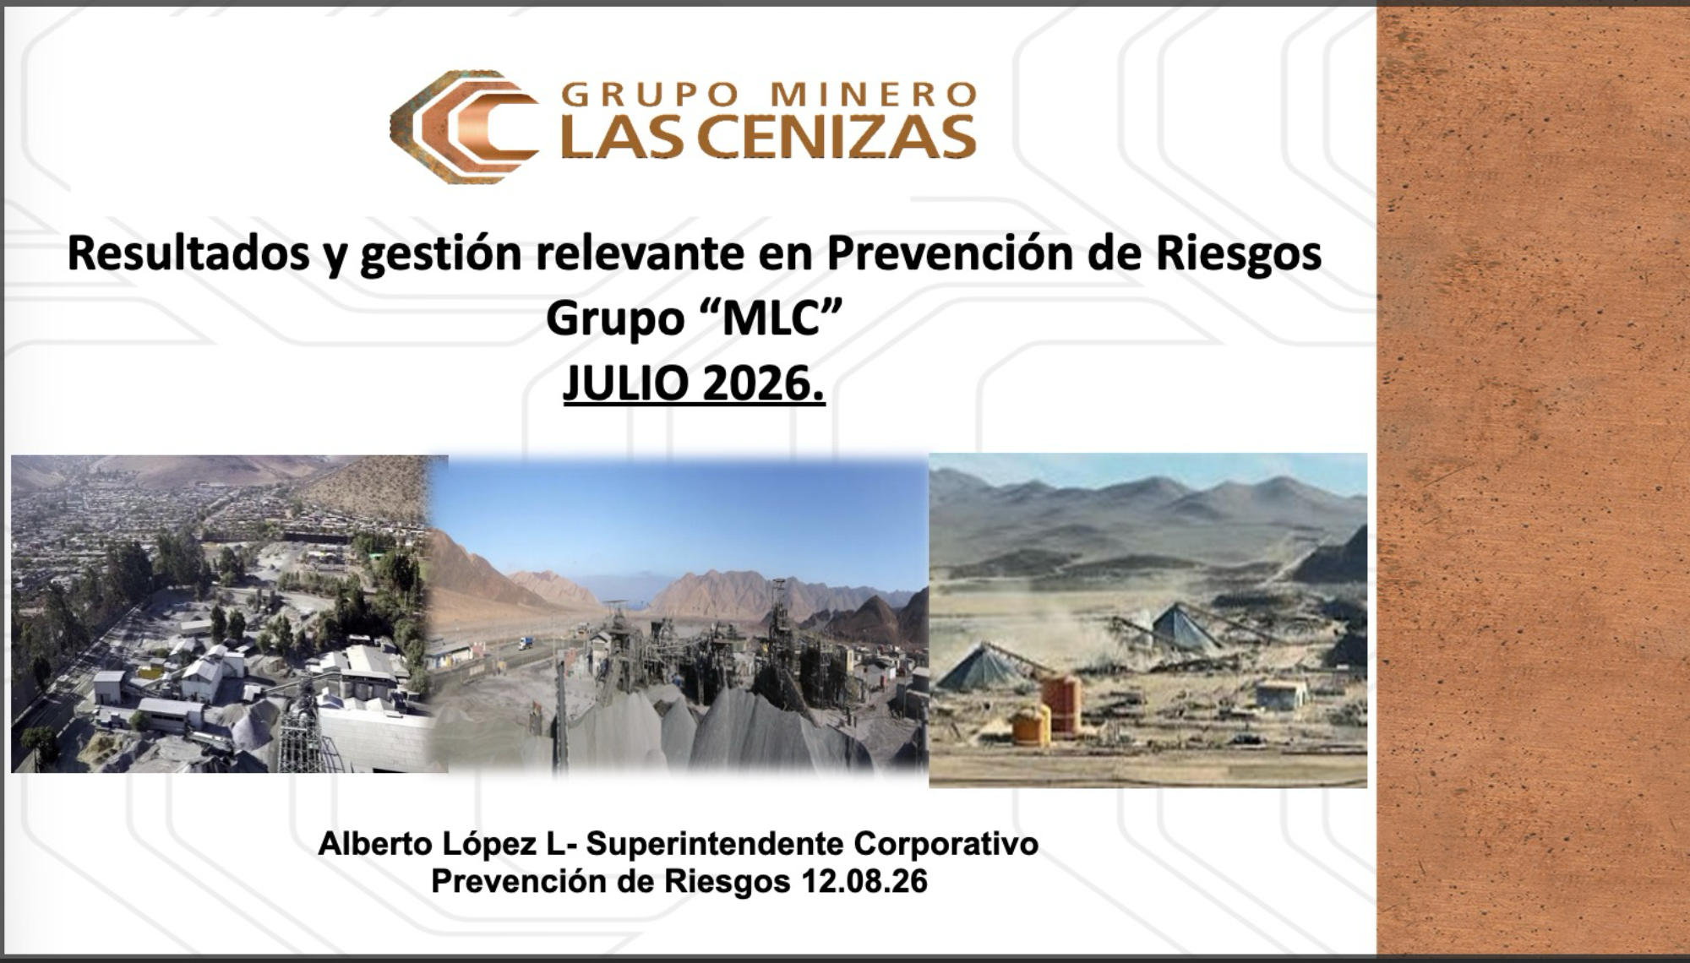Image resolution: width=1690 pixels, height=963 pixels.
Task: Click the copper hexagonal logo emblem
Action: pyautogui.click(x=463, y=127)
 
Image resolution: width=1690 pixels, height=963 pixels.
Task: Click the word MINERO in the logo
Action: pyautogui.click(x=875, y=94)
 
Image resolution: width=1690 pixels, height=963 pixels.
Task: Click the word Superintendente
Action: pyautogui.click(x=715, y=844)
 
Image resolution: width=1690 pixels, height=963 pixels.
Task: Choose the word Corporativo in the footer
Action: pyautogui.click(x=946, y=844)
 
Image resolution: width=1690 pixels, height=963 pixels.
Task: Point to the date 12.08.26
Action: pyautogui.click(x=864, y=881)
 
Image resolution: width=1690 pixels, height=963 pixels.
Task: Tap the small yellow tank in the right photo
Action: pyautogui.click(x=1031, y=725)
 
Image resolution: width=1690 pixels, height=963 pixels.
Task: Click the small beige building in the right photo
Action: pyautogui.click(x=1281, y=694)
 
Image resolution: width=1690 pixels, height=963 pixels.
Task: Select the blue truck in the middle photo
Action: pyautogui.click(x=526, y=643)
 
